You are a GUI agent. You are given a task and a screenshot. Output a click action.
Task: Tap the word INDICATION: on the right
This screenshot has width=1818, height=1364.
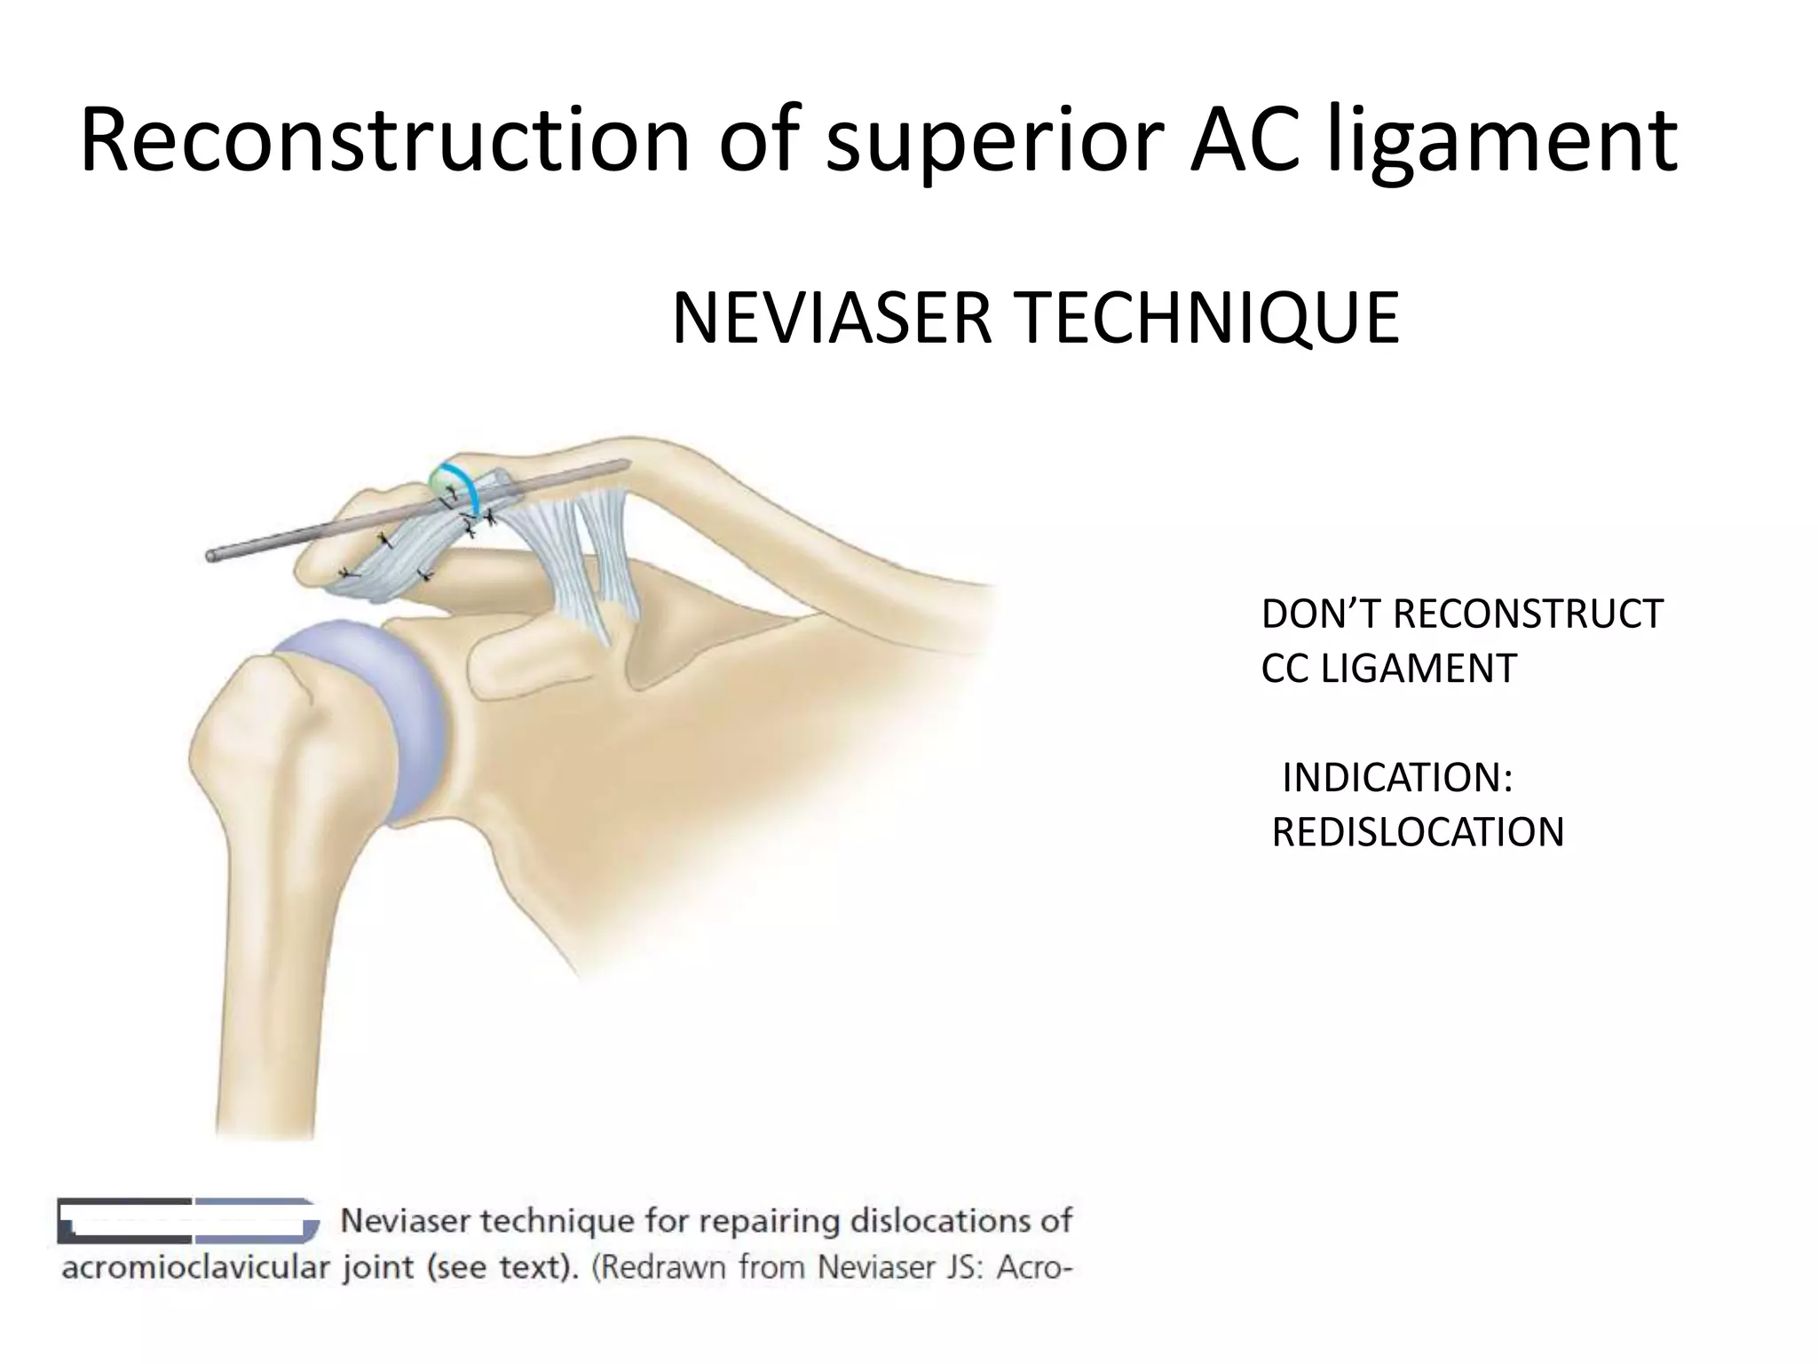pyautogui.click(x=1396, y=778)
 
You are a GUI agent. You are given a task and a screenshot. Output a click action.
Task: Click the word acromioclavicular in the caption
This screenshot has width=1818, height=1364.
pyautogui.click(x=194, y=1267)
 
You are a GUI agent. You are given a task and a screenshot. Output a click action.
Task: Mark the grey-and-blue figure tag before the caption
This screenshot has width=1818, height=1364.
pyautogui.click(x=188, y=1219)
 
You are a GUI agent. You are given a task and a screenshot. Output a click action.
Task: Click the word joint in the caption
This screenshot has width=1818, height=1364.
pyautogui.click(x=380, y=1267)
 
